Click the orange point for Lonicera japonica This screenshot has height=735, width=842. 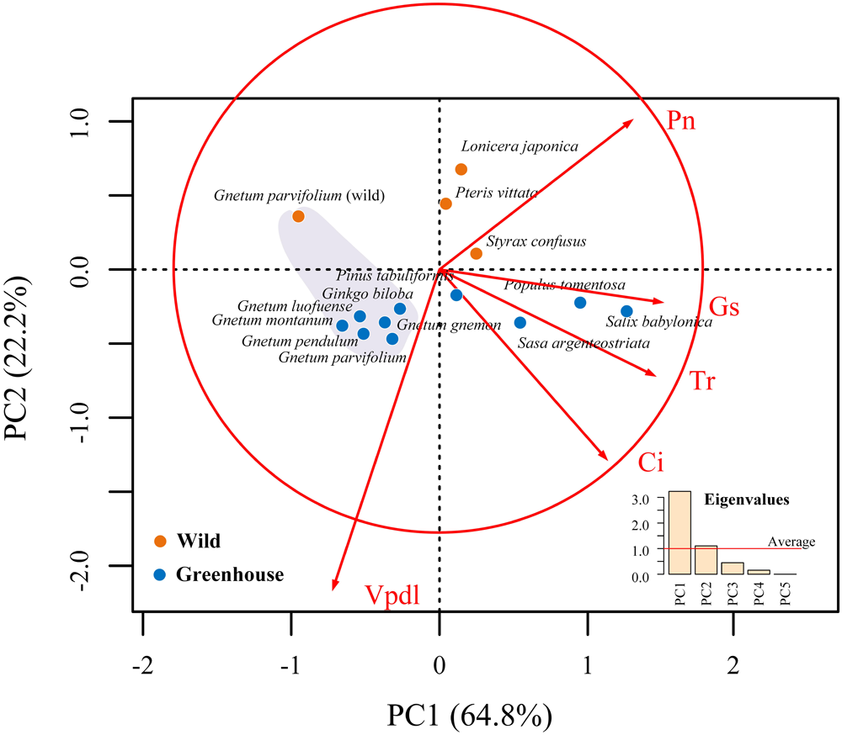click(461, 170)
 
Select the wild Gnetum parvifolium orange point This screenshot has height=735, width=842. click(298, 216)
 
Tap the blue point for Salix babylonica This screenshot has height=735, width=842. click(626, 311)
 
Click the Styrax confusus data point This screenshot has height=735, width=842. click(477, 253)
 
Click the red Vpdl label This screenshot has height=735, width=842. click(392, 595)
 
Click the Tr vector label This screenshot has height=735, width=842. click(705, 381)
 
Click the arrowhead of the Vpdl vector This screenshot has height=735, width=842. click(334, 588)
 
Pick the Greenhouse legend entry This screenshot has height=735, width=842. click(219, 575)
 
